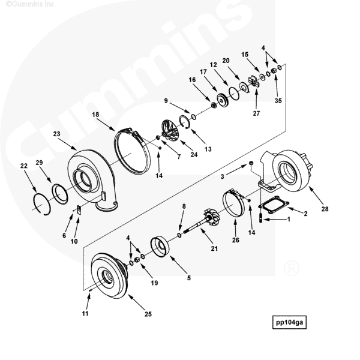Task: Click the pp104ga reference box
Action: point(289,322)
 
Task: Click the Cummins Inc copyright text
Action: point(30,4)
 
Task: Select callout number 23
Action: point(56,134)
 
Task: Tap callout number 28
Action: point(325,209)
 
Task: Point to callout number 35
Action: point(278,101)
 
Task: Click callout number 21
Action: point(214,248)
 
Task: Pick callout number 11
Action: point(85,313)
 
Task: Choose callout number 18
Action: point(95,115)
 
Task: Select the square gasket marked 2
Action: point(274,205)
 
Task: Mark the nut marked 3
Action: point(251,163)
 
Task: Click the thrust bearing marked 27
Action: point(254,82)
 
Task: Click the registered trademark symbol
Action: point(292,268)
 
